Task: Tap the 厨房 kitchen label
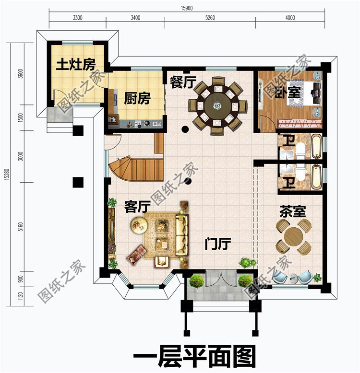[137, 99]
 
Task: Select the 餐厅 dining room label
[183, 82]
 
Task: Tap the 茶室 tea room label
[292, 211]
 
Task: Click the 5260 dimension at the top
[210, 18]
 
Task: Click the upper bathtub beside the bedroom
[316, 146]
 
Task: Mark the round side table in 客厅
[140, 224]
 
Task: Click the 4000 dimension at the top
[289, 18]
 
